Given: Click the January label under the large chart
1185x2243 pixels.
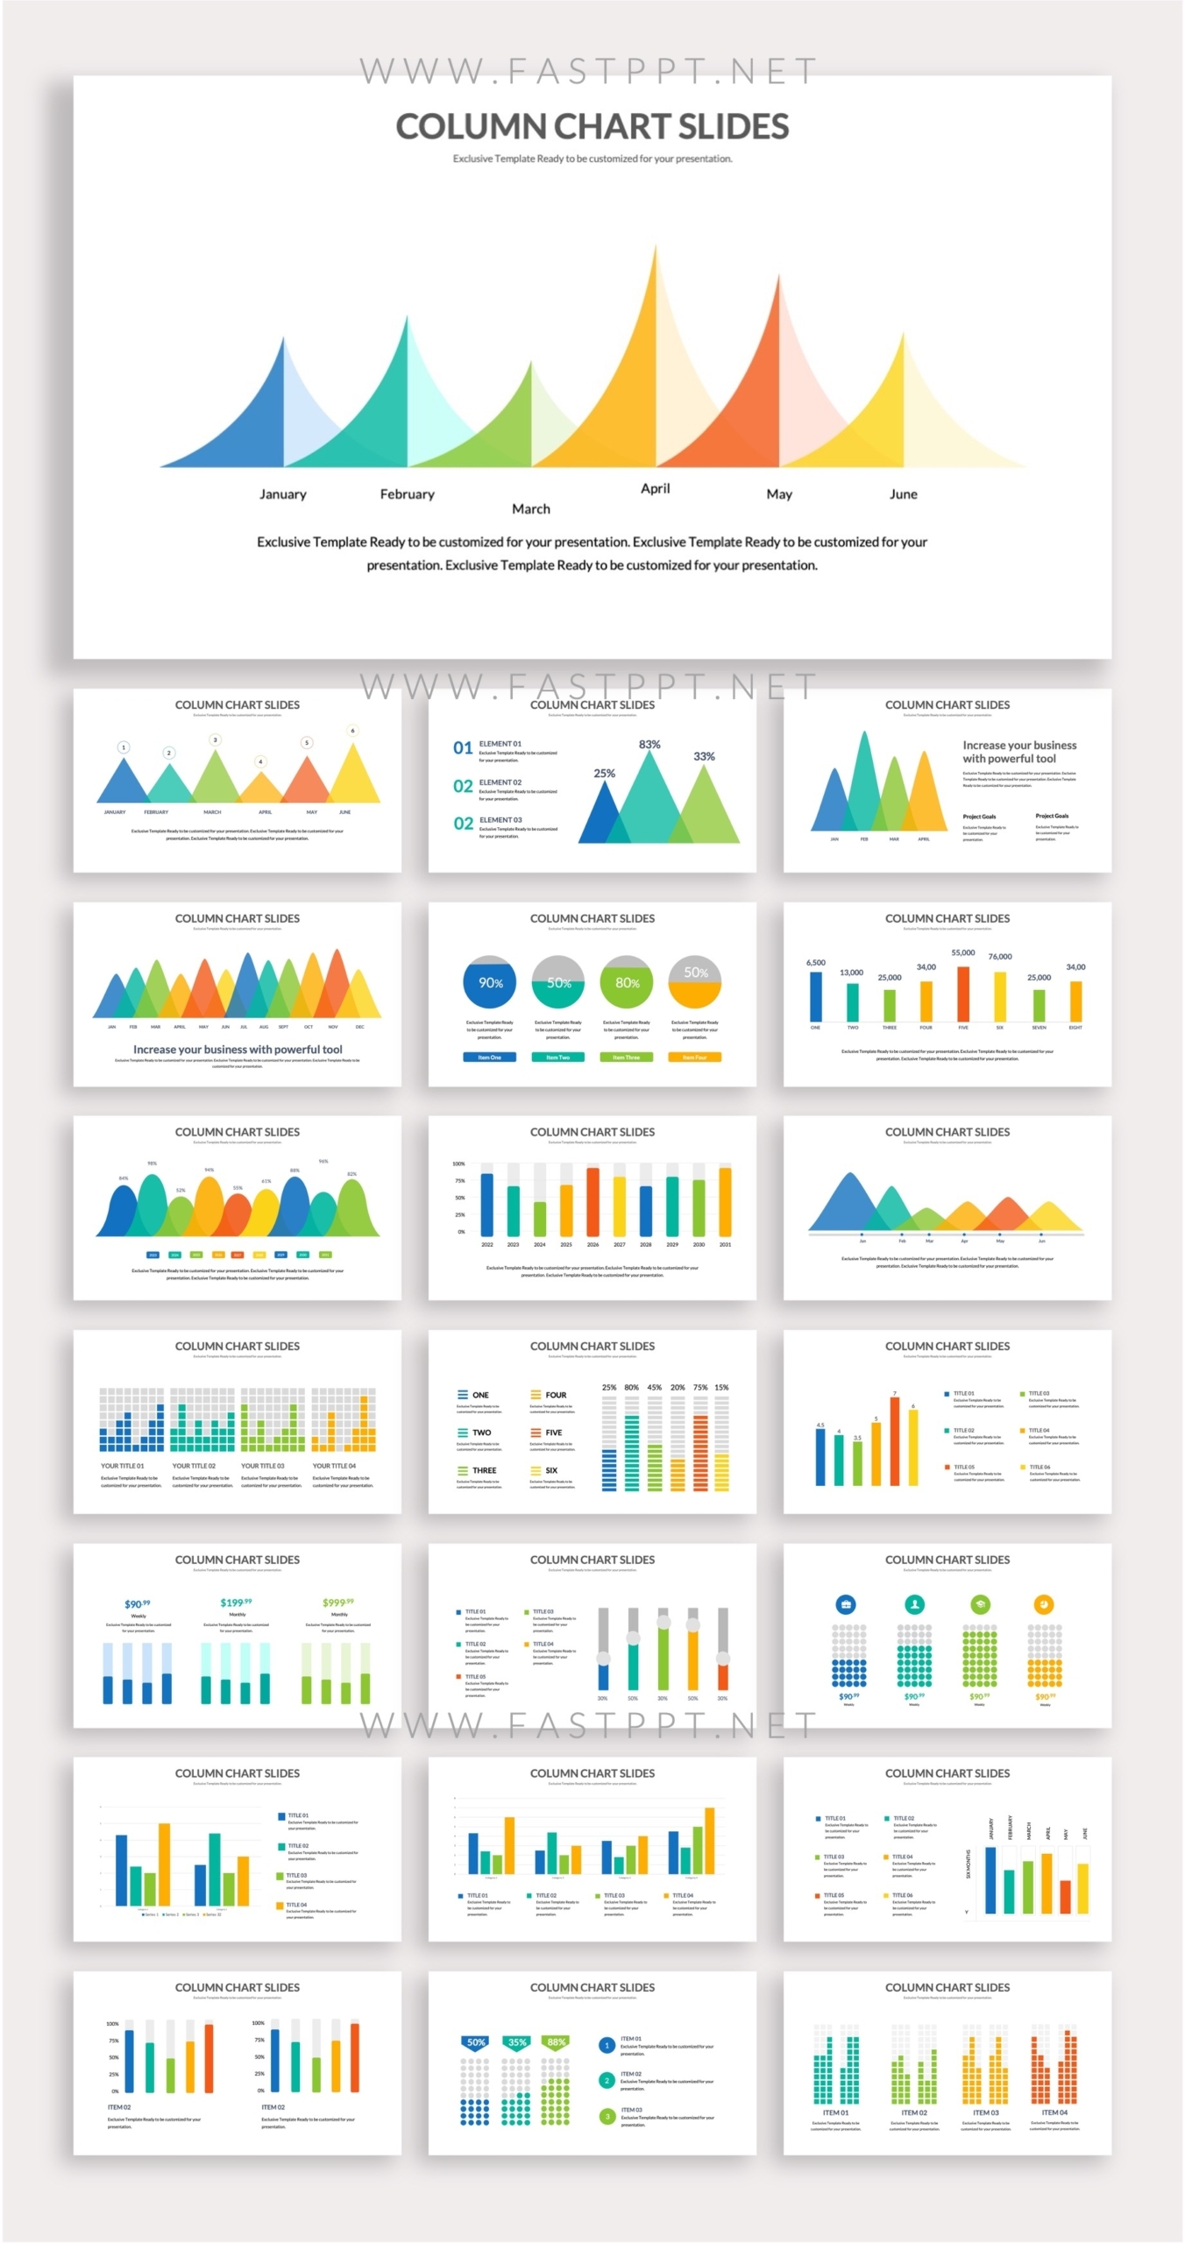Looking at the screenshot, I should click(x=282, y=494).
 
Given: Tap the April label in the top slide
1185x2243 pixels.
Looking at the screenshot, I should click(x=655, y=489).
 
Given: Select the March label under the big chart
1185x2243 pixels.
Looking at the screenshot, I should click(x=530, y=509).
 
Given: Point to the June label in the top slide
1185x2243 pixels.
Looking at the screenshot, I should click(x=903, y=494).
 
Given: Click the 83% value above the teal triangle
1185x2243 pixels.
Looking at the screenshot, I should click(x=649, y=745).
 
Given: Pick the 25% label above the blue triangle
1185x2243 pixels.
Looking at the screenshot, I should click(x=604, y=774).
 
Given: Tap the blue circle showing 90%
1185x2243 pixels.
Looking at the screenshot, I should click(x=490, y=983).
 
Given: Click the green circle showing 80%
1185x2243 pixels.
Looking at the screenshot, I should click(x=627, y=983).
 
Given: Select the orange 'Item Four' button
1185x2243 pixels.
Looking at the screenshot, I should click(x=695, y=1058).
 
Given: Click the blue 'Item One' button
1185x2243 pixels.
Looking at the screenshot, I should click(x=489, y=1058).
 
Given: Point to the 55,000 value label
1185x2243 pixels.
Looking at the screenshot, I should click(x=962, y=953).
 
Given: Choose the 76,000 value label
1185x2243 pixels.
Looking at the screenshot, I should click(x=999, y=957).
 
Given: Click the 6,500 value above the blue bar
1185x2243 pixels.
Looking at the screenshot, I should click(x=815, y=963).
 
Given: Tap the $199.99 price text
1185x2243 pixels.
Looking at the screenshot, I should click(x=236, y=1603).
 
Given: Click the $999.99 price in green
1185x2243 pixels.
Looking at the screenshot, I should click(x=338, y=1603).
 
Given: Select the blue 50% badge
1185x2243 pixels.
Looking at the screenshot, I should click(x=476, y=2042).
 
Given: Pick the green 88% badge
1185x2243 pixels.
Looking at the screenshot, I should click(x=556, y=2042).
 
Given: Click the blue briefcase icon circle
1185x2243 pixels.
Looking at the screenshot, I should click(x=846, y=1605).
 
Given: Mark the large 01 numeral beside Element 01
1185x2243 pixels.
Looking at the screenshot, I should click(x=463, y=748).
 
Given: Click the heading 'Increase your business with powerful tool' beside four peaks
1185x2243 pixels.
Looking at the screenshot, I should click(x=1018, y=752).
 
